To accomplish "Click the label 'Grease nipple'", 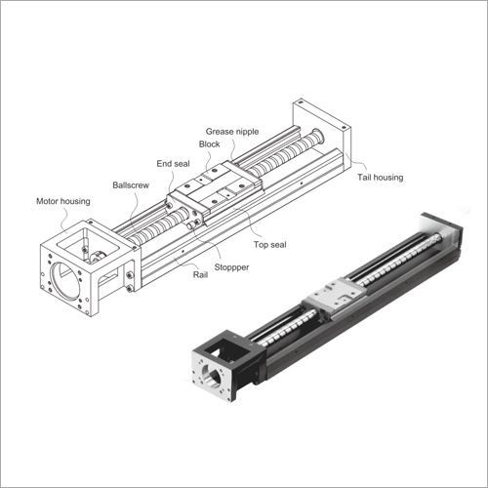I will click(x=232, y=130).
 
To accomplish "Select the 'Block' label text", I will click(x=209, y=144).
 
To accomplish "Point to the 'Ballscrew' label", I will click(x=130, y=183).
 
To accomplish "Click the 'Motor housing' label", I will click(x=62, y=201).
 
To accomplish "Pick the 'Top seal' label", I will click(x=269, y=245).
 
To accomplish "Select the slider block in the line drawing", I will click(x=213, y=191).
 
